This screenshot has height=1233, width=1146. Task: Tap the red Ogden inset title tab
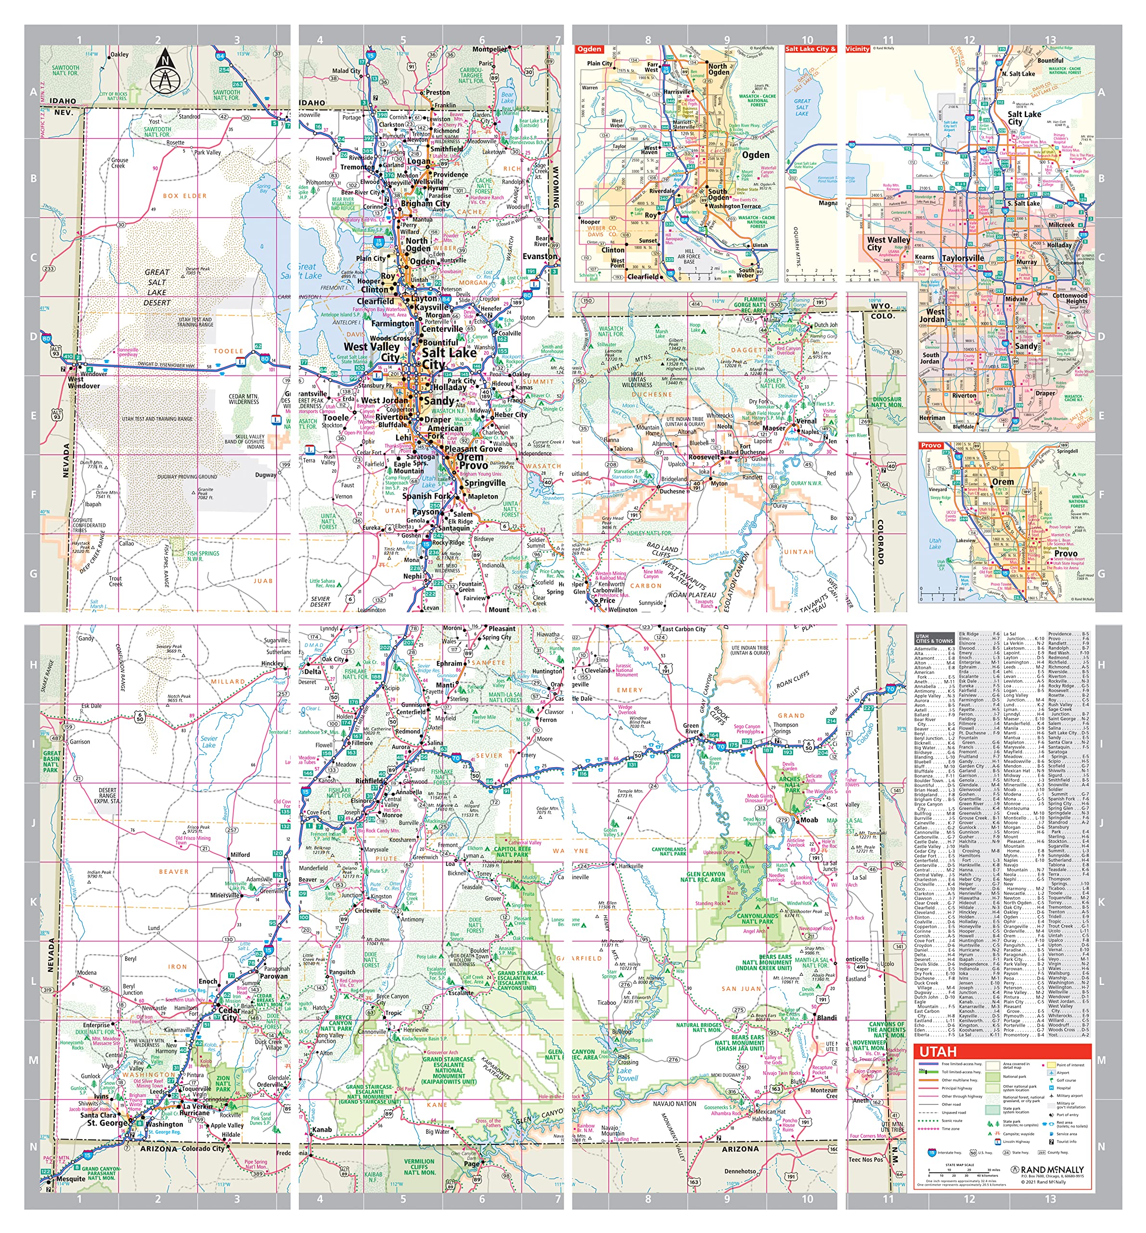coord(589,49)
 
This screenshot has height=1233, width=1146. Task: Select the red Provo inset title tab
coord(930,446)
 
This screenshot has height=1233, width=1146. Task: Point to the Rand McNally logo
coord(1047,1170)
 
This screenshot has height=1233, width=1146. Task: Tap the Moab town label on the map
coord(808,820)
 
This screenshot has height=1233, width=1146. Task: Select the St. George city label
coord(108,1123)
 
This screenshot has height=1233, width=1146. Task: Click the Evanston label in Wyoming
coord(539,256)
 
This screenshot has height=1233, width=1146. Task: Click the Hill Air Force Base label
coord(689,256)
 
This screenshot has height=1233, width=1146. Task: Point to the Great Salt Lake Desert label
coord(157,287)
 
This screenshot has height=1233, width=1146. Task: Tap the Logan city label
coord(418,161)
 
